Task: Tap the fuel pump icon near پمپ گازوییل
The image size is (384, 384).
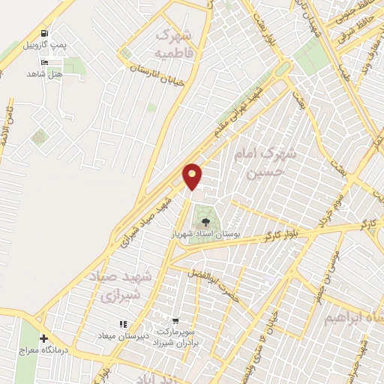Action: tap(46, 34)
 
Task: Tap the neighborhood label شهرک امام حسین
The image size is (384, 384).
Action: tap(268, 164)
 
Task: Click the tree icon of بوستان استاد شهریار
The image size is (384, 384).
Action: tap(205, 221)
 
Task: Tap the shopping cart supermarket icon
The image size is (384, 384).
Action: tap(174, 320)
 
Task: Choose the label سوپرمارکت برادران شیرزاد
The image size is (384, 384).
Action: tap(177, 336)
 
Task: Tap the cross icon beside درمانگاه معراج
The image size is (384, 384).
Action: tap(43, 338)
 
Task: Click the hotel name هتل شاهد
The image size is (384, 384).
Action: tap(42, 73)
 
